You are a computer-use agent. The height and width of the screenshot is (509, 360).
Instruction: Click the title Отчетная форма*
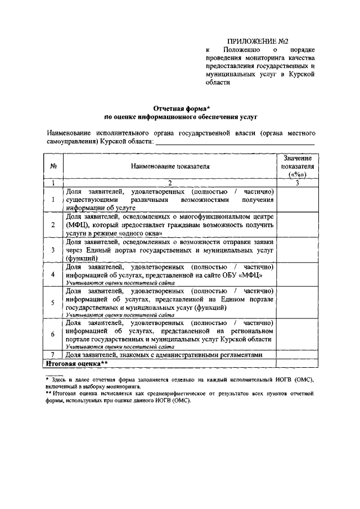182,108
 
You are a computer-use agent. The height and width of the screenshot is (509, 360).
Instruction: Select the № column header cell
52,166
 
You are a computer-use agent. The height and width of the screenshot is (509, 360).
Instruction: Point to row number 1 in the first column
52,199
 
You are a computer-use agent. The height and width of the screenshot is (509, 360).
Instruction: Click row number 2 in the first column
52,225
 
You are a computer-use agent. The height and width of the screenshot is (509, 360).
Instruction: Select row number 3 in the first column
52,250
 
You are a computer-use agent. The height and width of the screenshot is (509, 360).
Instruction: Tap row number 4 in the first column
52,274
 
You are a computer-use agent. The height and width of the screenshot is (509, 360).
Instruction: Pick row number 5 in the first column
52,302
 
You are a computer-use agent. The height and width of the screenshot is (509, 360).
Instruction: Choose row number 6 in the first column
52,334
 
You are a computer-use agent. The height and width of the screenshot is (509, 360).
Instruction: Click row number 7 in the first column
52,355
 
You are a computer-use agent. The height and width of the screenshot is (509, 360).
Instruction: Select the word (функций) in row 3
84,258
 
